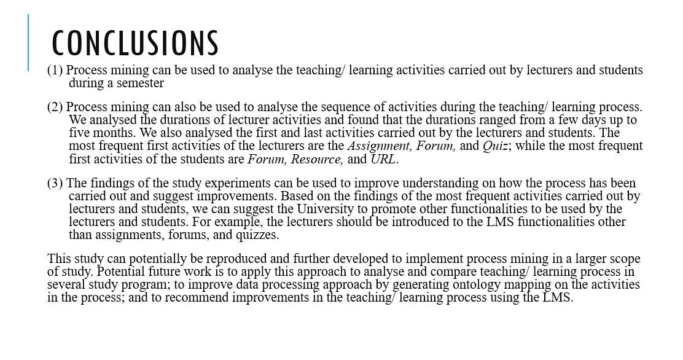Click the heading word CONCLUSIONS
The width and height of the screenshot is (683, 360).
135,43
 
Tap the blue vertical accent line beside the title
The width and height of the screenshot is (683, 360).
28,43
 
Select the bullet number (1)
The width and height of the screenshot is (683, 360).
55,70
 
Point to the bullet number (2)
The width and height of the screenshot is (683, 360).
55,108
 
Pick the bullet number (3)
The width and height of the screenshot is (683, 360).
55,183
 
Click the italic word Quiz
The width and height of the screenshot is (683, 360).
495,146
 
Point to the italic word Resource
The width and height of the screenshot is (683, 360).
317,159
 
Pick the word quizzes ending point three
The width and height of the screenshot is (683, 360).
257,235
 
